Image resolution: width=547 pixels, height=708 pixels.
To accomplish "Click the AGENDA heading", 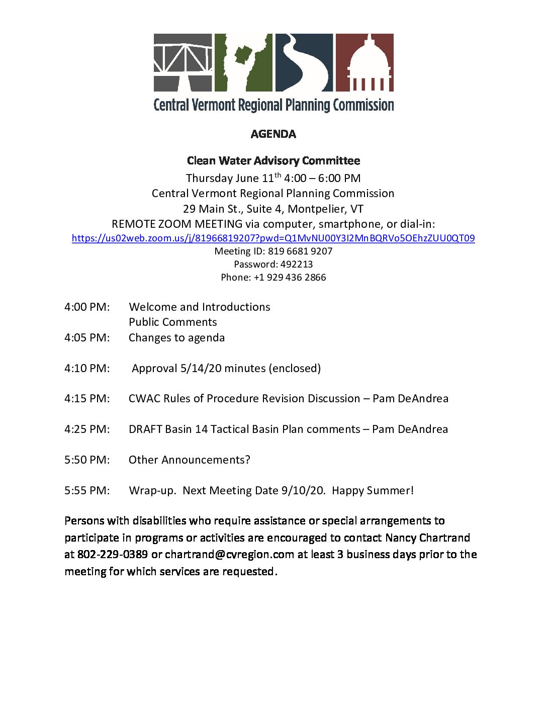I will tap(273, 134).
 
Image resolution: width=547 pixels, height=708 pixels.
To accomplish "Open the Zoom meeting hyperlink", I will tap(273, 238).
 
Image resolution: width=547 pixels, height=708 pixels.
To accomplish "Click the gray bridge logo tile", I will tap(183, 62).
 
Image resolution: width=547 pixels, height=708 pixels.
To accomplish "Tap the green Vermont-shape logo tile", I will tap(243, 62).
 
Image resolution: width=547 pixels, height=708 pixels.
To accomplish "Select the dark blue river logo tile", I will tap(304, 62).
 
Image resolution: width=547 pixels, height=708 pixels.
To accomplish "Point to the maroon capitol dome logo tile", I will tap(364, 62).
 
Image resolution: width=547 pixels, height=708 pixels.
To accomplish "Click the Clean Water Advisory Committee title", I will tap(273, 161).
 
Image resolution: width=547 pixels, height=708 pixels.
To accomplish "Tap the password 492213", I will tap(296, 264).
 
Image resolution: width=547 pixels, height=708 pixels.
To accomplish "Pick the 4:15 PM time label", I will tap(87, 399).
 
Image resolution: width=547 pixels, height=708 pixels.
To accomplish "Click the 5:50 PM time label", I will tap(87, 460).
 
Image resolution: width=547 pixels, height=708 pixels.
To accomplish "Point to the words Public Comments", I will tap(173, 322).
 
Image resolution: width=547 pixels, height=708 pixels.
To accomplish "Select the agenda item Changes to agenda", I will tap(176, 338).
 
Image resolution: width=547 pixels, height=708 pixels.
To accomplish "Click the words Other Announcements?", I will tap(190, 460).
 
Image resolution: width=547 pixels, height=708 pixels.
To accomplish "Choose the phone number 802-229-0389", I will tap(112, 555).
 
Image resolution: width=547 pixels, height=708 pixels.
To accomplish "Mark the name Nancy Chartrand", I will tap(427, 538).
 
